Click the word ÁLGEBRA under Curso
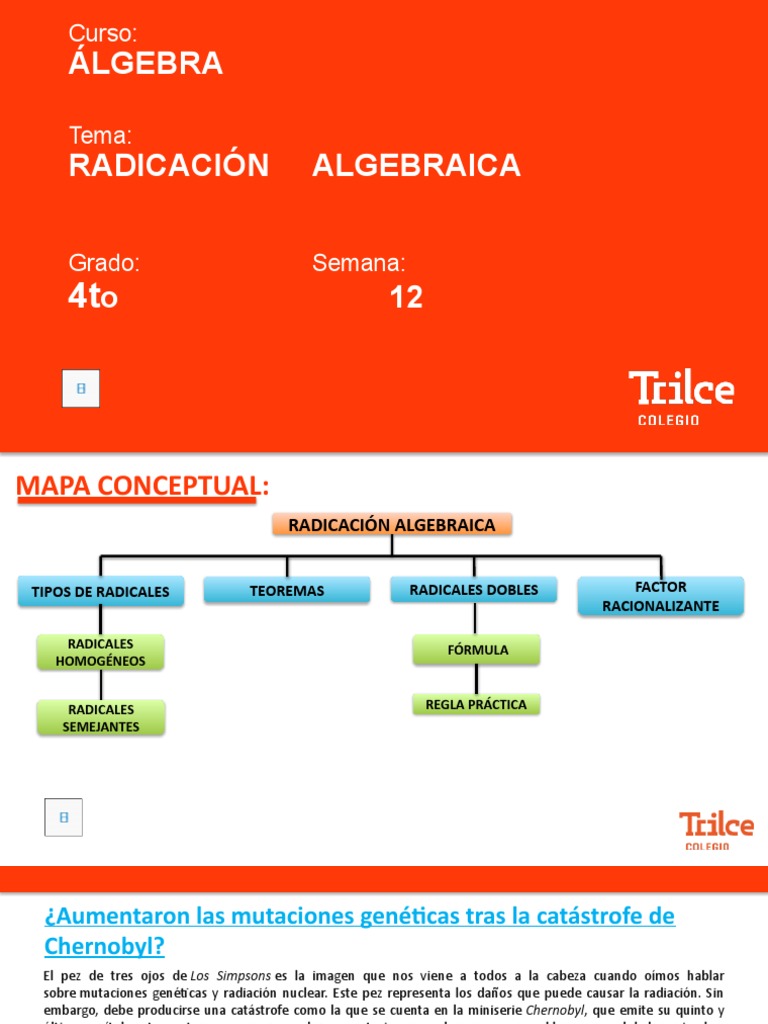(146, 64)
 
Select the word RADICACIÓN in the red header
(169, 165)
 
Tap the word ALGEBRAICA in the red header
(416, 165)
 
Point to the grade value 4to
(93, 297)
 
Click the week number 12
(406, 297)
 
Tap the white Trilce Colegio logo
(681, 397)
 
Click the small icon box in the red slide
(81, 388)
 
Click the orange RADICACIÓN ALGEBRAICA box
(392, 525)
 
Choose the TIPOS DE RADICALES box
(101, 591)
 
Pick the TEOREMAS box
(287, 591)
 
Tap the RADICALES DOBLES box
(474, 590)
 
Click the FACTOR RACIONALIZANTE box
(661, 596)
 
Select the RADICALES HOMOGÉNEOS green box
(101, 652)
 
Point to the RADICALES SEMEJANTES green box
(101, 718)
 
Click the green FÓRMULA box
(477, 650)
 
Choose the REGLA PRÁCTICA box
(476, 704)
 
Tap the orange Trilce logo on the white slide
(716, 829)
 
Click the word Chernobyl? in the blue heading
(105, 946)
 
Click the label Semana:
(359, 263)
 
